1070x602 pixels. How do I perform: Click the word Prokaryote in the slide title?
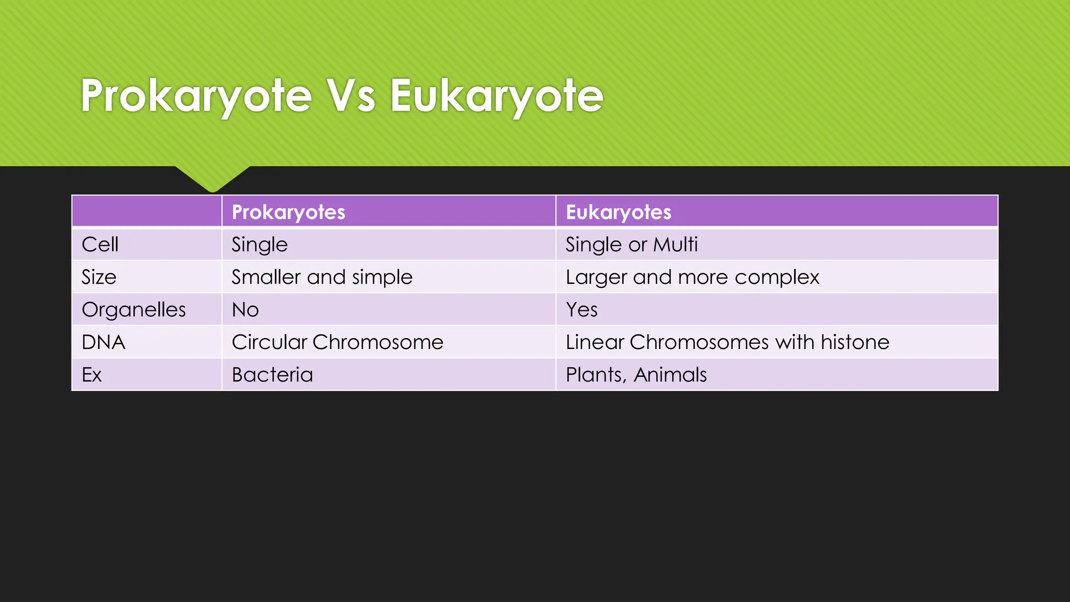[196, 97]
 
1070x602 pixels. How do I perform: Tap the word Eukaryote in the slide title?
[496, 97]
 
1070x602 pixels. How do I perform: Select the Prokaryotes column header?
[288, 212]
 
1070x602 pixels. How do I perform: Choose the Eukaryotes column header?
[619, 212]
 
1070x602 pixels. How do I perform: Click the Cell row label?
[100, 245]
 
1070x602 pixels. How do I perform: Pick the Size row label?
[99, 277]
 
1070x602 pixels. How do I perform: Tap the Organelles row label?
[134, 310]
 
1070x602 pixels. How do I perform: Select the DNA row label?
[103, 342]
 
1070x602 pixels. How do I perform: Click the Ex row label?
[92, 375]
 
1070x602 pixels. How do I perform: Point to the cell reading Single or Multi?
[632, 245]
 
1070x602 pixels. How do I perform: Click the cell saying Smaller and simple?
[322, 277]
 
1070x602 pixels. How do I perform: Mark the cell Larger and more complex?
[692, 277]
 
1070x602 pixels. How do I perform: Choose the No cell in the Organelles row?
[245, 310]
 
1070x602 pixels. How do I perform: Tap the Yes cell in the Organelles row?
[581, 310]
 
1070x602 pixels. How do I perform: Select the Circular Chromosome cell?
[338, 342]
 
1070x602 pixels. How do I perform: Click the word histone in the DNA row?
[855, 342]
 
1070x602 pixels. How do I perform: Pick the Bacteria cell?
[272, 375]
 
